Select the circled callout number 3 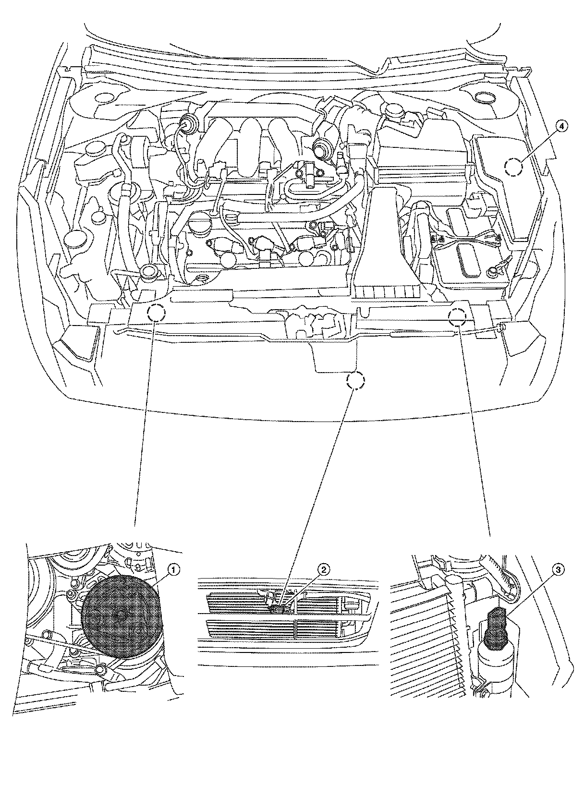coord(557,570)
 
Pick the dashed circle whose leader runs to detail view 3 coord(457,316)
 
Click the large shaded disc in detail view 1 coord(121,616)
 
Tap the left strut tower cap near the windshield coord(103,98)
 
